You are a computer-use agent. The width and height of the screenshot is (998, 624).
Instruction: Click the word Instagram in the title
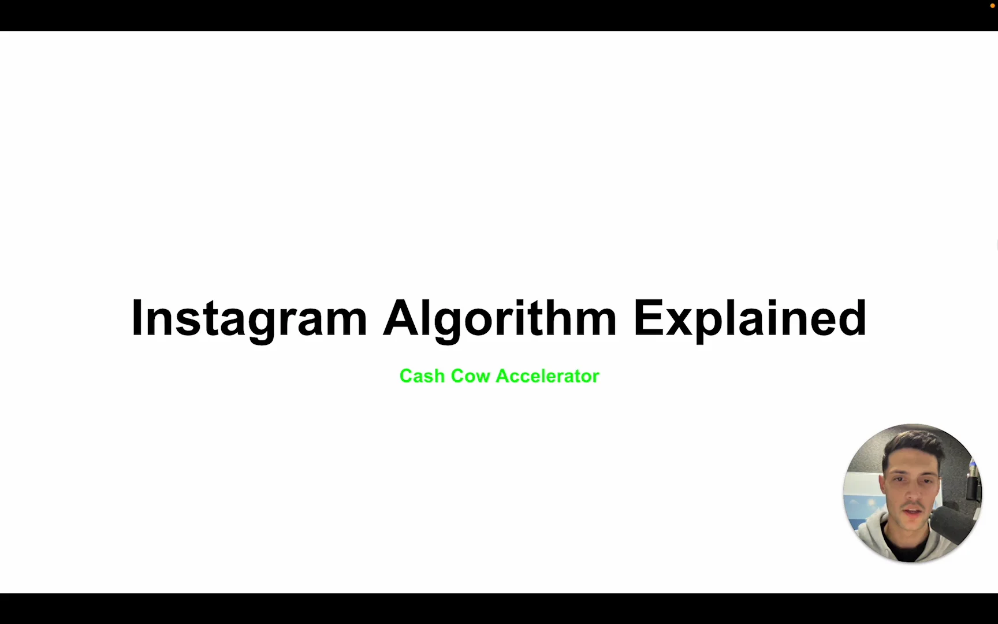(249, 318)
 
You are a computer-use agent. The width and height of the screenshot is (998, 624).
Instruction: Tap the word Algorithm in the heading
(500, 318)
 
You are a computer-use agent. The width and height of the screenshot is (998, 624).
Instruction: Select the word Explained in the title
(750, 318)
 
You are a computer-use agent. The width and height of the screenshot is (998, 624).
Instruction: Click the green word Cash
(422, 376)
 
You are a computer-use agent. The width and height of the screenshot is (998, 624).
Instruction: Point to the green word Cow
(470, 376)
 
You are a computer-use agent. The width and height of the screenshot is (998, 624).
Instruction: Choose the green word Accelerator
(548, 376)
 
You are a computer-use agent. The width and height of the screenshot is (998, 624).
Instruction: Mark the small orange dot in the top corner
(993, 6)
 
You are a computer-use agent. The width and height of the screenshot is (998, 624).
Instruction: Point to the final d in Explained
(853, 317)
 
